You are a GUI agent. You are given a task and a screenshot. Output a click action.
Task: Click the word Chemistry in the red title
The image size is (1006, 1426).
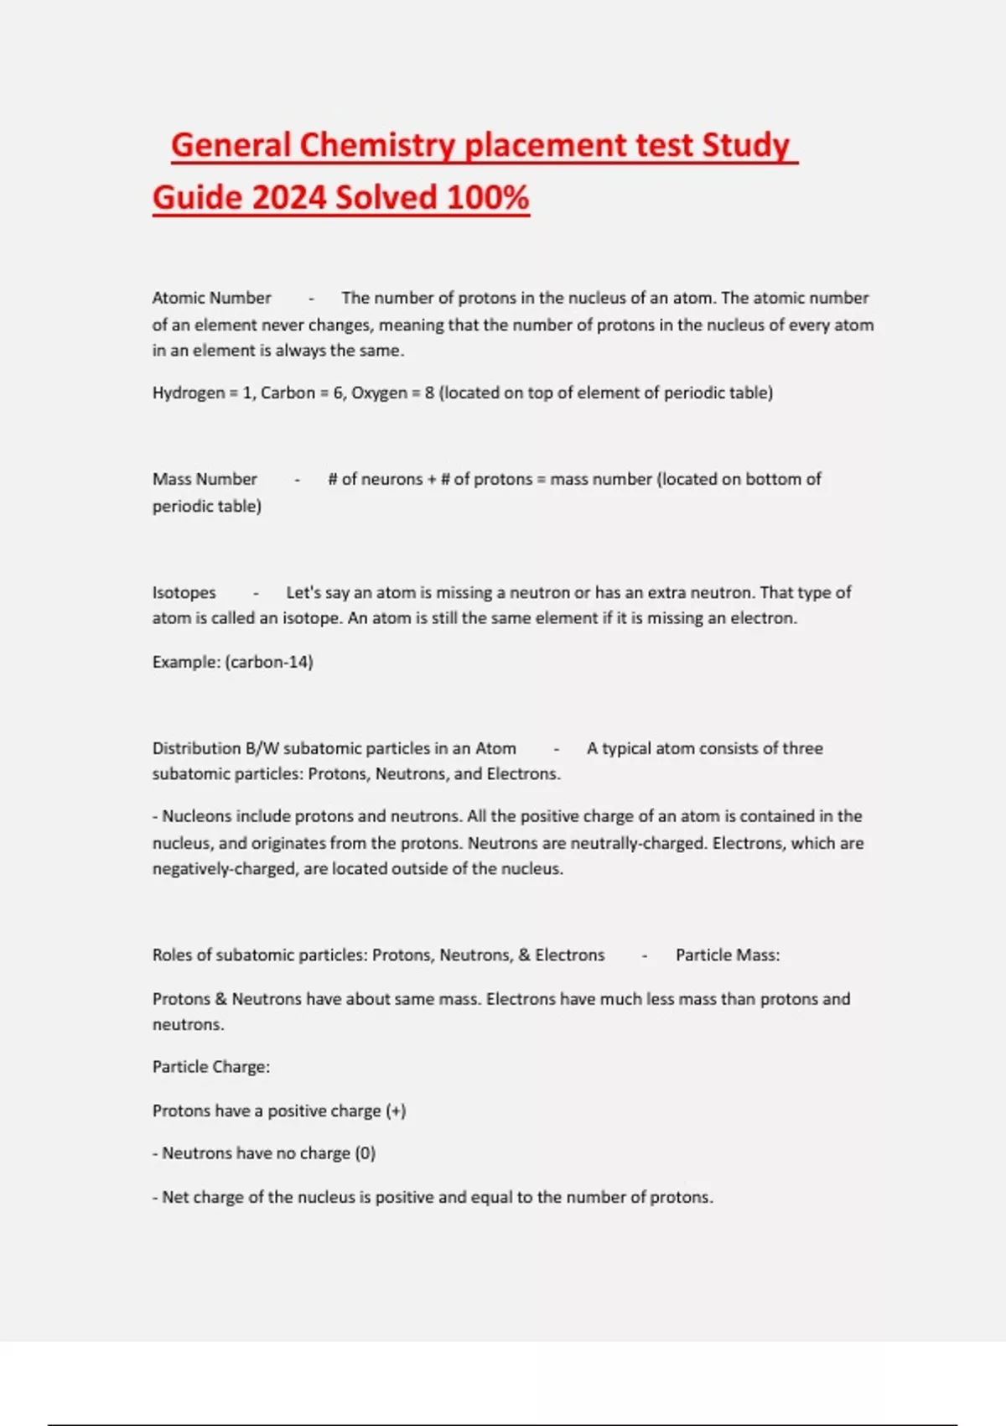point(376,145)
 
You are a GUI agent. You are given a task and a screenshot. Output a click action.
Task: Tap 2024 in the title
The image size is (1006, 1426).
point(288,198)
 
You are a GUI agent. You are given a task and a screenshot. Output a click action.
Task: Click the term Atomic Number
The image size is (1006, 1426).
point(211,298)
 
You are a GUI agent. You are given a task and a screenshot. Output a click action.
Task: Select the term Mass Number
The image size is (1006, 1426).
point(205,479)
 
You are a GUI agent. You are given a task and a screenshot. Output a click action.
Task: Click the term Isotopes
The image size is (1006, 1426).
point(184,592)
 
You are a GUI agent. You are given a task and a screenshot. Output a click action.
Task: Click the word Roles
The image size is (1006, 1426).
point(172,955)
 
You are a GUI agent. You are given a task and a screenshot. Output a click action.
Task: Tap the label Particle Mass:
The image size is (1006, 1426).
point(728,955)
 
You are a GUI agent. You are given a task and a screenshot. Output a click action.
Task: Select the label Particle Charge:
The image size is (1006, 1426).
point(211,1067)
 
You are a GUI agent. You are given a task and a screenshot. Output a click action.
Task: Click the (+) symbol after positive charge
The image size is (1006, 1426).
point(396,1111)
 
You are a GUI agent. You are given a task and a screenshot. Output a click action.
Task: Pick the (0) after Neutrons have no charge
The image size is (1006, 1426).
point(365,1153)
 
